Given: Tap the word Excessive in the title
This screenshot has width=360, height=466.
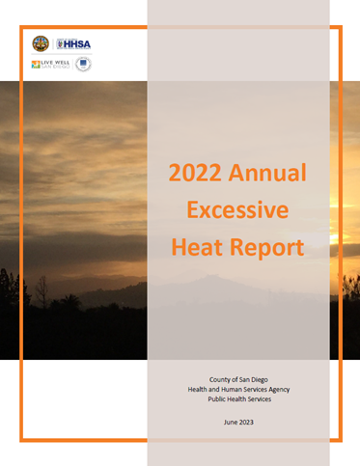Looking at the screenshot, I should [237, 210].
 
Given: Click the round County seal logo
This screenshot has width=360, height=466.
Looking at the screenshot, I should [40, 43].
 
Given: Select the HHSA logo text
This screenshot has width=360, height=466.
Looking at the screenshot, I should [75, 43].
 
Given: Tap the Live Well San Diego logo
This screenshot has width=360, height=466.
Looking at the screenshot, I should [49, 65].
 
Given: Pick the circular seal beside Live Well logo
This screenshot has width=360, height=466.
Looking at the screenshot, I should [84, 65].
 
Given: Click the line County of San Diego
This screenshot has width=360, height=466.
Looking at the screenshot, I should [237, 380].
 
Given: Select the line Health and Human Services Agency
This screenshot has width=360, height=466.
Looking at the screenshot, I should [237, 392].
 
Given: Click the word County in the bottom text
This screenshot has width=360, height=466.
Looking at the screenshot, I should [216, 380].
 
